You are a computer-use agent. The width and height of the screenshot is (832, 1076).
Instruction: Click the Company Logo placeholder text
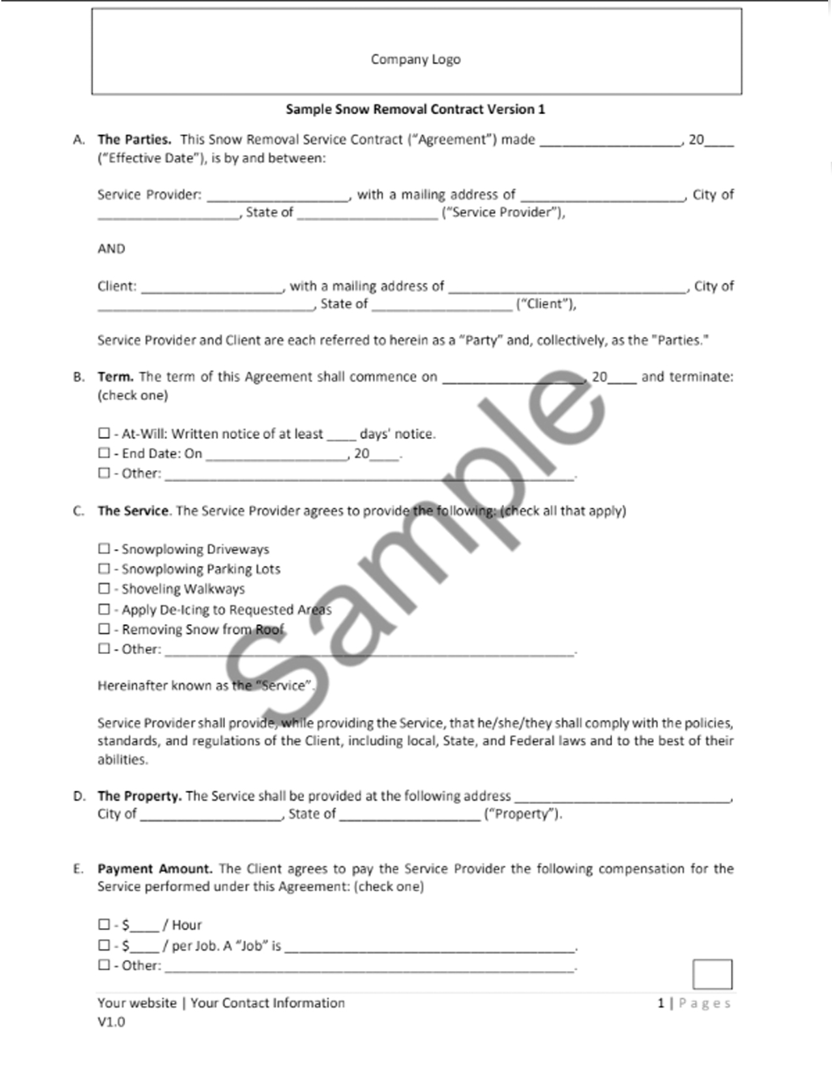(x=415, y=59)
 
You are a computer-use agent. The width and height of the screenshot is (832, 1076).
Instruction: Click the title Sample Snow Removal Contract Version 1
(x=415, y=110)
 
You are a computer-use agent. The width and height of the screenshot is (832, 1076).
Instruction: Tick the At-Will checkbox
(x=104, y=433)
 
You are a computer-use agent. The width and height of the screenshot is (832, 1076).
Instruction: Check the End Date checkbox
(x=104, y=453)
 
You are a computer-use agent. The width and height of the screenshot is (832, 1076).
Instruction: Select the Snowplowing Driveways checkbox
(x=104, y=548)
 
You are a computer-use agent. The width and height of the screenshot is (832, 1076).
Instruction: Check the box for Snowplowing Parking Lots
(x=104, y=569)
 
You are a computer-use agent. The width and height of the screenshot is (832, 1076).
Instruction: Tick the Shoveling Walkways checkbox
(x=104, y=588)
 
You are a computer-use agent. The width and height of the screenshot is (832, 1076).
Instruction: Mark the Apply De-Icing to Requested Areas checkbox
(x=104, y=609)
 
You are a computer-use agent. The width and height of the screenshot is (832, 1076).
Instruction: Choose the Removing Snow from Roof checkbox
(x=104, y=629)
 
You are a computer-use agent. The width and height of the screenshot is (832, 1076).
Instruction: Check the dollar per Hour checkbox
(x=104, y=924)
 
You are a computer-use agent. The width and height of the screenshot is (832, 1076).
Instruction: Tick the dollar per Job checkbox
(x=104, y=945)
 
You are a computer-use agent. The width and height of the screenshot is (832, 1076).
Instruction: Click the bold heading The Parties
(x=134, y=140)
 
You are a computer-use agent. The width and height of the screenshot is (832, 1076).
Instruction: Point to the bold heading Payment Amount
(x=155, y=869)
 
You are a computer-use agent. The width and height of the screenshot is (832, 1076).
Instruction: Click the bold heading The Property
(x=140, y=796)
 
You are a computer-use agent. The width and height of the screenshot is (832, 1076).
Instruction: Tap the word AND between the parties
(x=111, y=248)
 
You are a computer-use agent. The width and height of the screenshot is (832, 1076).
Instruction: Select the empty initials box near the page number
(x=712, y=974)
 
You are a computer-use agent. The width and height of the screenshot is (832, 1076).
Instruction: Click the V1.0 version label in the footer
(x=111, y=1022)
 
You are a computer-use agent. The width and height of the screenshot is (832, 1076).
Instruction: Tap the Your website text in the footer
(x=137, y=1003)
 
